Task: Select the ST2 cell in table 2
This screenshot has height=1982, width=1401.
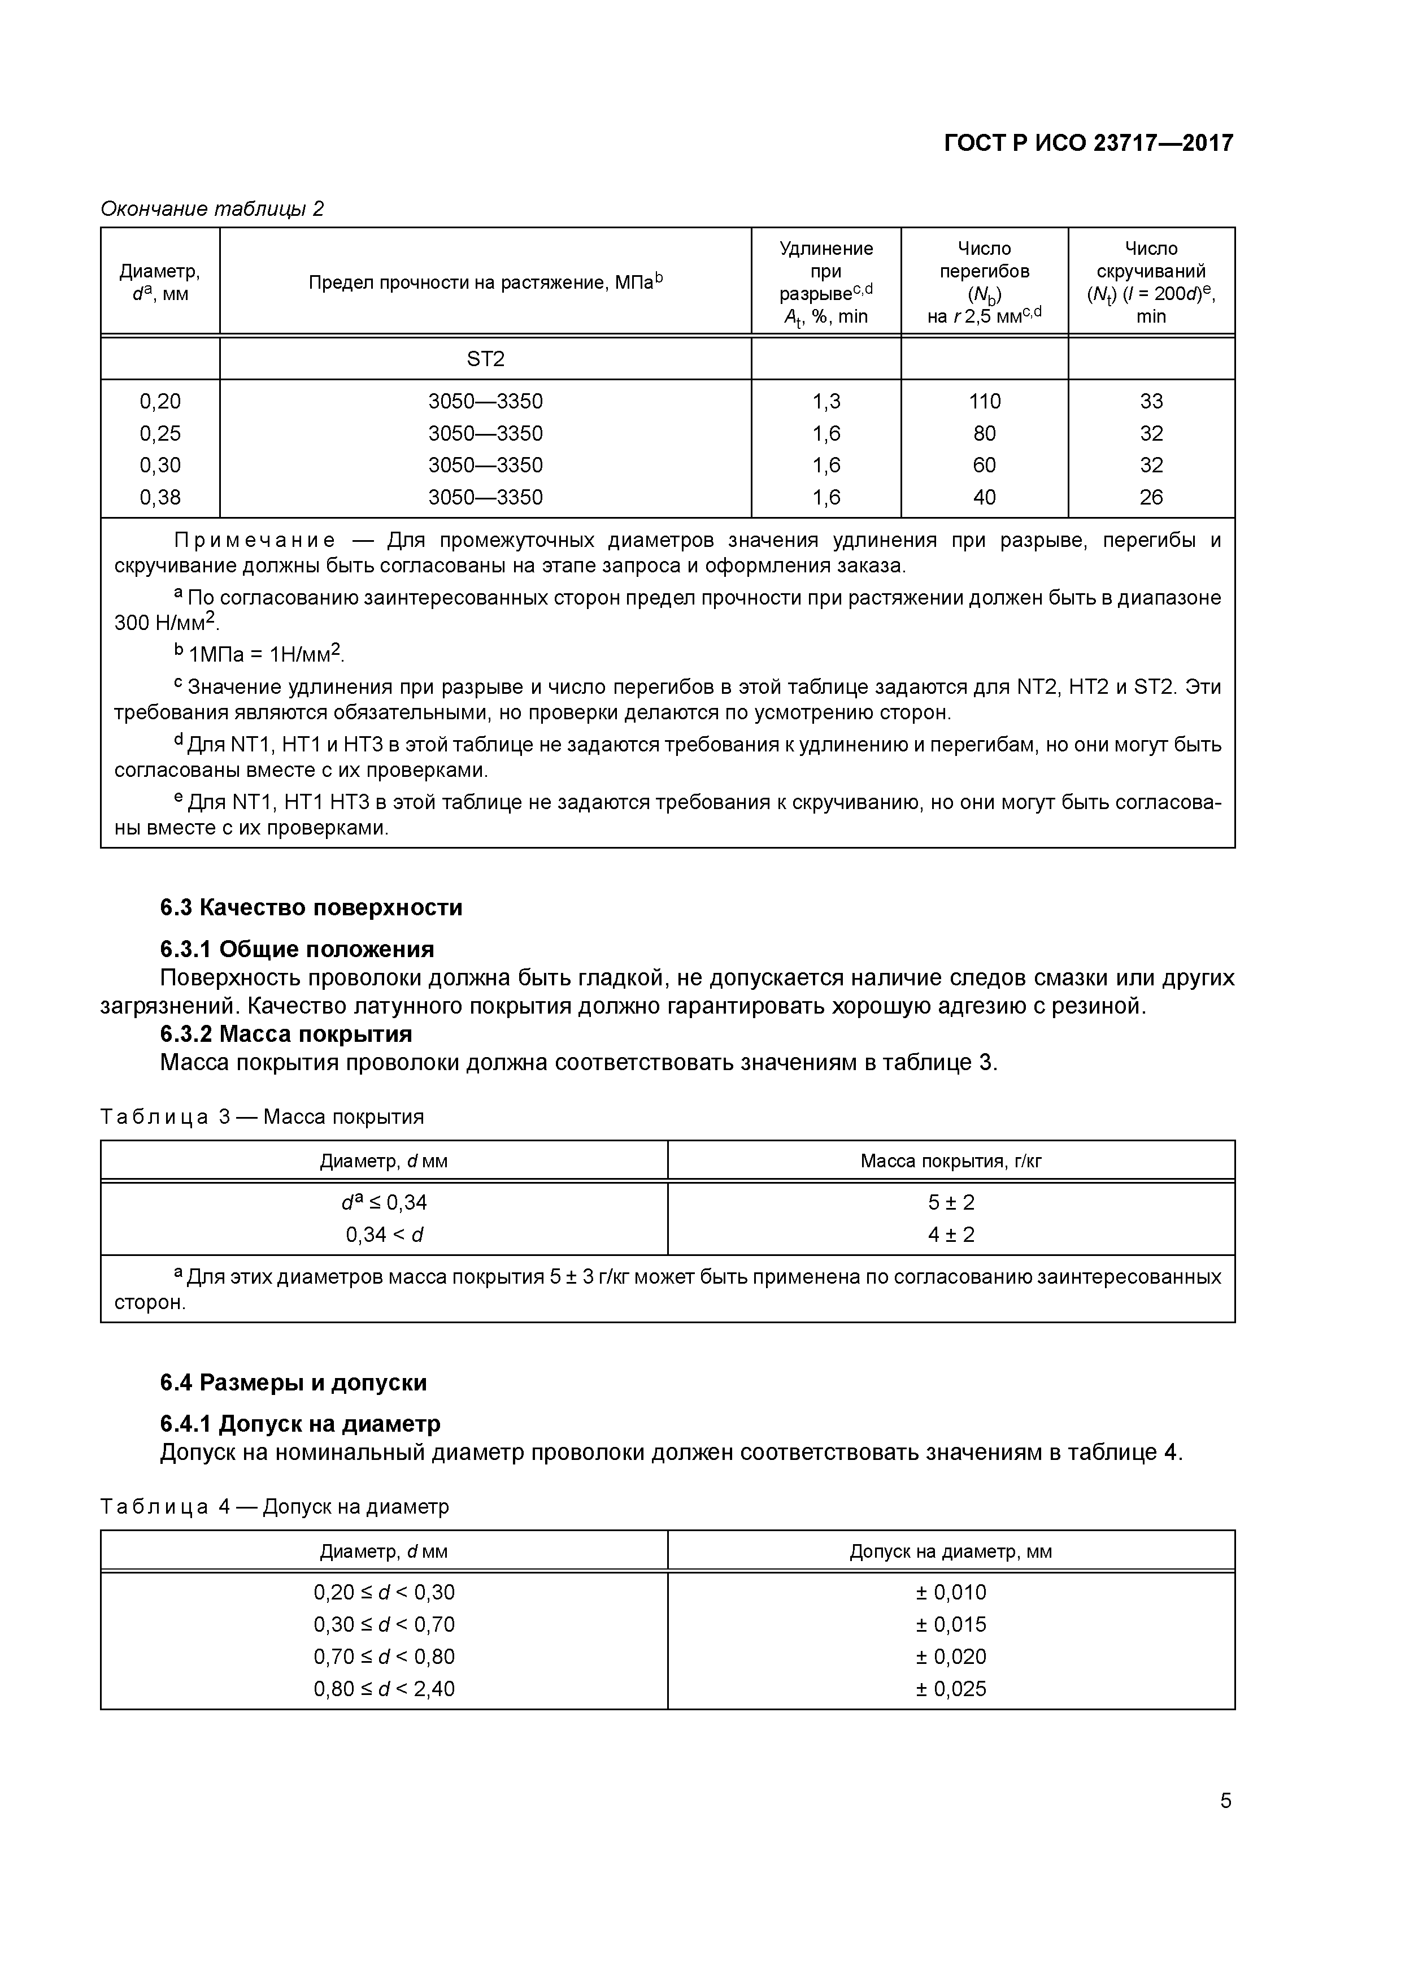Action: pyautogui.click(x=485, y=358)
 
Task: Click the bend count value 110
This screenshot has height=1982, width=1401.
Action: pyautogui.click(x=984, y=401)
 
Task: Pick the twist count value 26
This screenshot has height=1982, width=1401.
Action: pyautogui.click(x=1151, y=497)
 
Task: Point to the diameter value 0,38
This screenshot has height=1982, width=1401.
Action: pyautogui.click(x=160, y=497)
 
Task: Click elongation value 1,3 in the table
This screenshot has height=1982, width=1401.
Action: pyautogui.click(x=826, y=401)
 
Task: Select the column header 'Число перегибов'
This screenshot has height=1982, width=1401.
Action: pyautogui.click(x=984, y=260)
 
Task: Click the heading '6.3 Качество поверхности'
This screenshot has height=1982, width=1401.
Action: pyautogui.click(x=311, y=907)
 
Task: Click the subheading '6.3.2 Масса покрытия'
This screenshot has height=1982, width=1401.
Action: pyautogui.click(x=286, y=1033)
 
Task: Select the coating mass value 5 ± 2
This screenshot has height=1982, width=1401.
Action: pyautogui.click(x=951, y=1202)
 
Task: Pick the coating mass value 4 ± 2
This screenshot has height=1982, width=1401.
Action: pyautogui.click(x=951, y=1235)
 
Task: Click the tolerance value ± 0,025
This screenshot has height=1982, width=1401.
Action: pyautogui.click(x=951, y=1689)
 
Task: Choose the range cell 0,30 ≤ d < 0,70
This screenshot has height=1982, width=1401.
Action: pyautogui.click(x=384, y=1624)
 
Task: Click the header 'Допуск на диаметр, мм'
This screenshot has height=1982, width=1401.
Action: pyautogui.click(x=951, y=1551)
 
